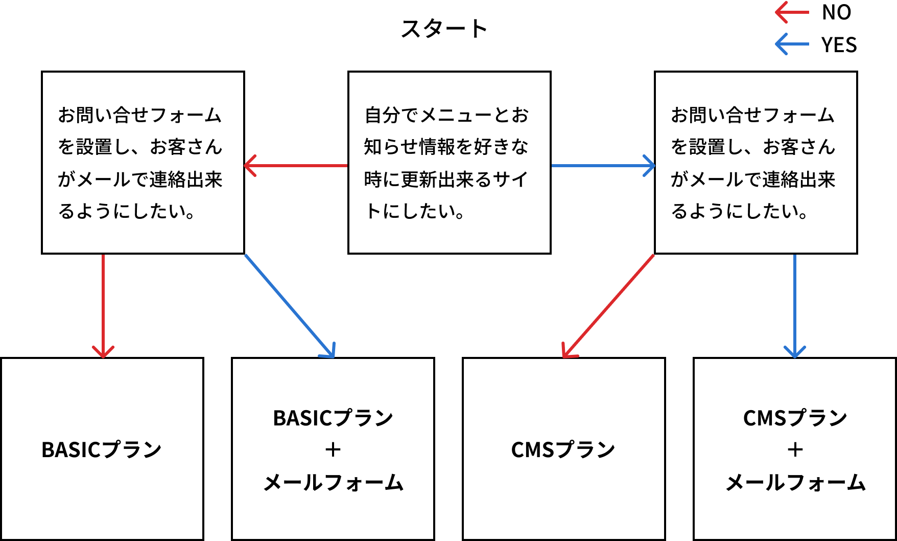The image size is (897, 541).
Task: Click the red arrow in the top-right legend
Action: [792, 12]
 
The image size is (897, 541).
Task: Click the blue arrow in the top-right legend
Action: [792, 44]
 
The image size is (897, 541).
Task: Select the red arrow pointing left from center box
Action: [296, 166]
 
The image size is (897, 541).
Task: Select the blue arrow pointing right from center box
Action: [603, 166]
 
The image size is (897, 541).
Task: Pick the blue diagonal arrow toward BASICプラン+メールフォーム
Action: [289, 305]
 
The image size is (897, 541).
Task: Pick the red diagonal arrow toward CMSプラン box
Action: [608, 306]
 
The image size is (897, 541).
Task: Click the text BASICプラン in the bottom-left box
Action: [101, 450]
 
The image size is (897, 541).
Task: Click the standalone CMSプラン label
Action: [563, 450]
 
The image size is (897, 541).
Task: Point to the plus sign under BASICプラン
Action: [333, 450]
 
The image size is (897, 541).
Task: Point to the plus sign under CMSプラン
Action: [795, 450]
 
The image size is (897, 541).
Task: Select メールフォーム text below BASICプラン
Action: [333, 483]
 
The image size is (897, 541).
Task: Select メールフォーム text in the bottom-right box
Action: [795, 483]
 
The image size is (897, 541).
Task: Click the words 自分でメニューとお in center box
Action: [446, 115]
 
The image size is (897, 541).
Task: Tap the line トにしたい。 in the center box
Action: [415, 211]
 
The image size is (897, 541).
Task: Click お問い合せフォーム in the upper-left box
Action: [139, 115]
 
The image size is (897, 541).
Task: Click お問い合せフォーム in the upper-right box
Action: [752, 115]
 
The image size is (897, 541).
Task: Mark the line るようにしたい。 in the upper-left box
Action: [127, 211]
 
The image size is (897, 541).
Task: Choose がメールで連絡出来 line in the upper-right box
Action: [752, 179]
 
